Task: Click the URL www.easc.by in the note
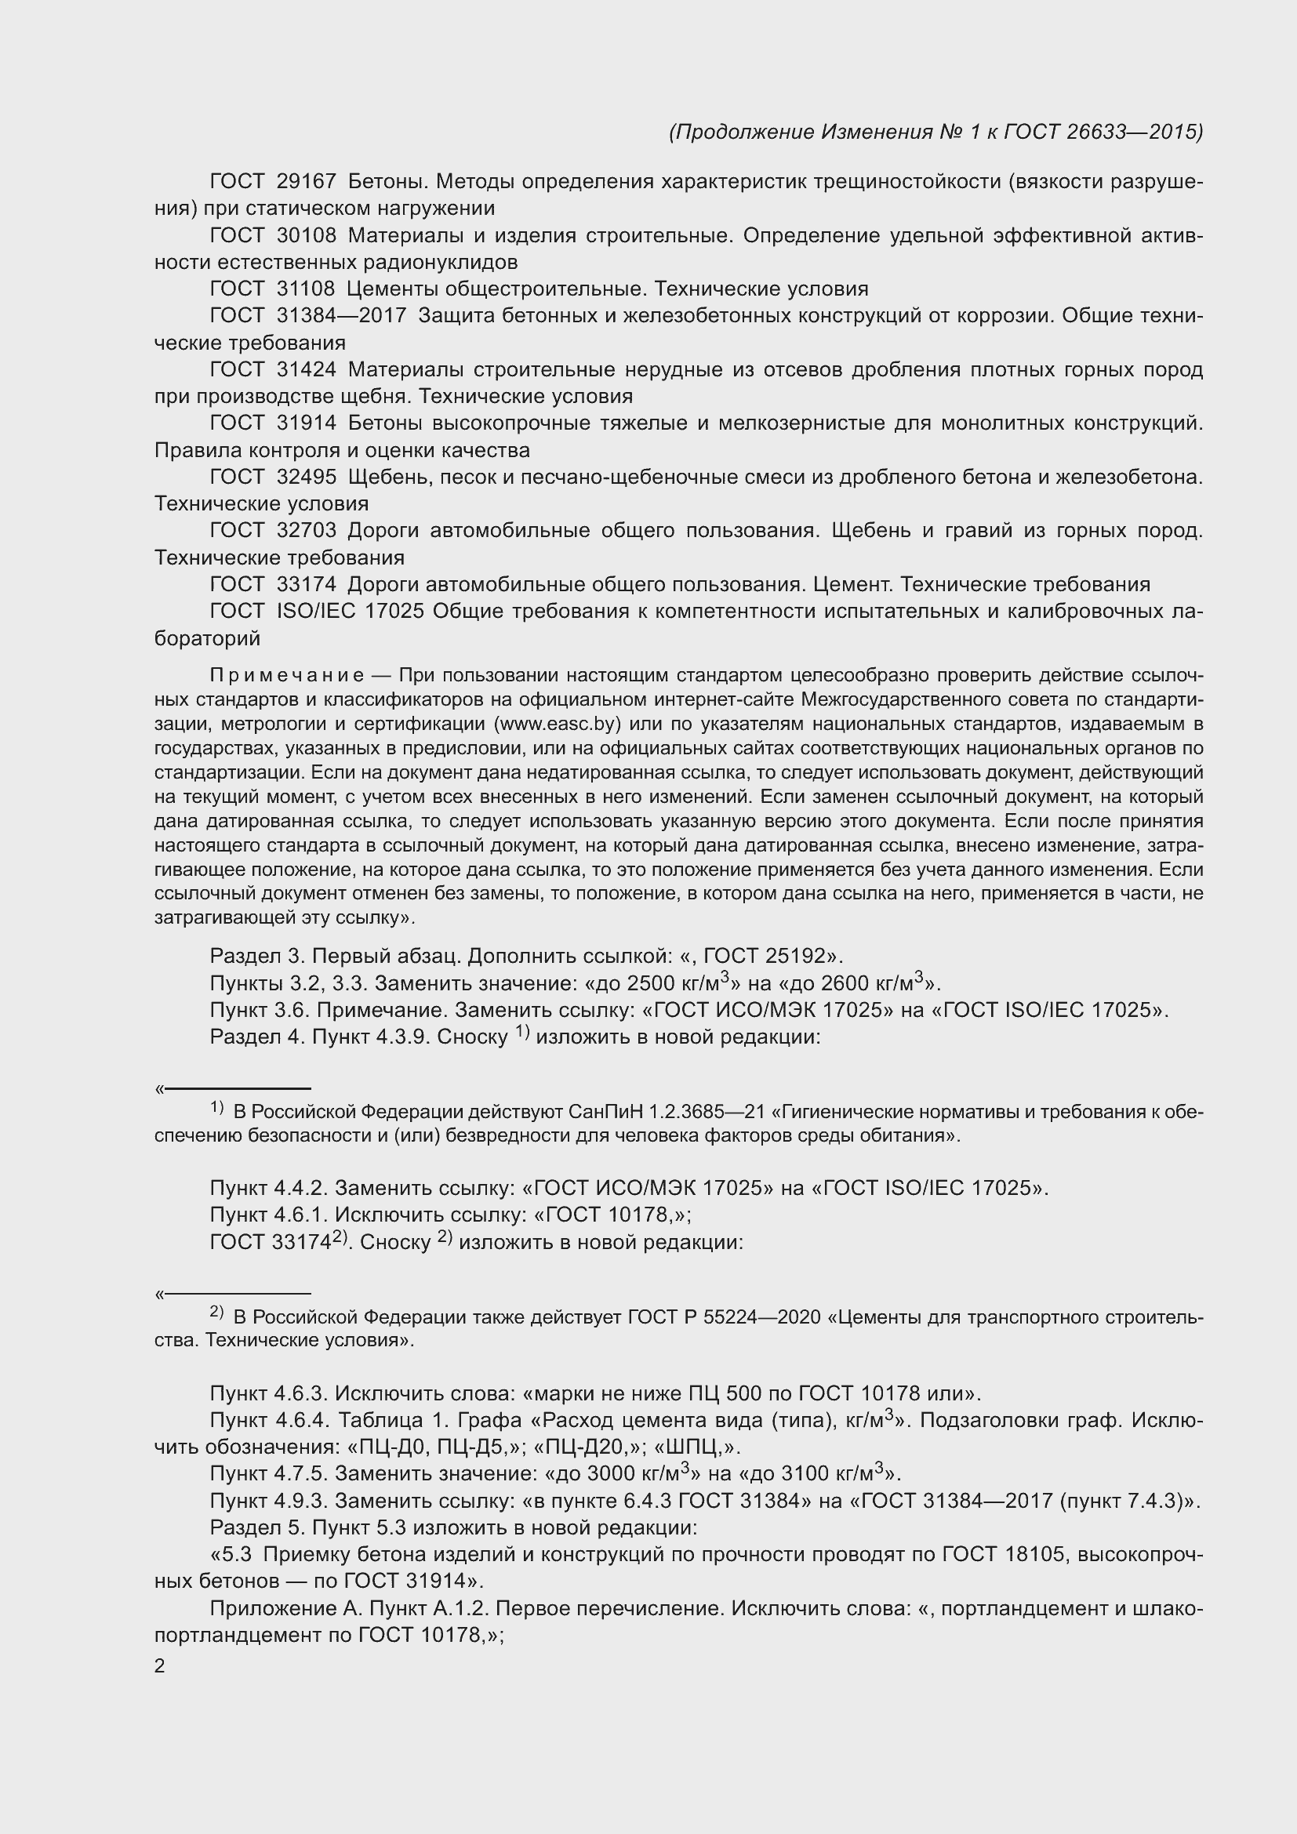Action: coord(554,725)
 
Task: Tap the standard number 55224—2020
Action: coord(762,1317)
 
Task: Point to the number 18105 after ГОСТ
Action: coord(1034,1554)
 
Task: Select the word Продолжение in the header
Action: coord(743,132)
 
